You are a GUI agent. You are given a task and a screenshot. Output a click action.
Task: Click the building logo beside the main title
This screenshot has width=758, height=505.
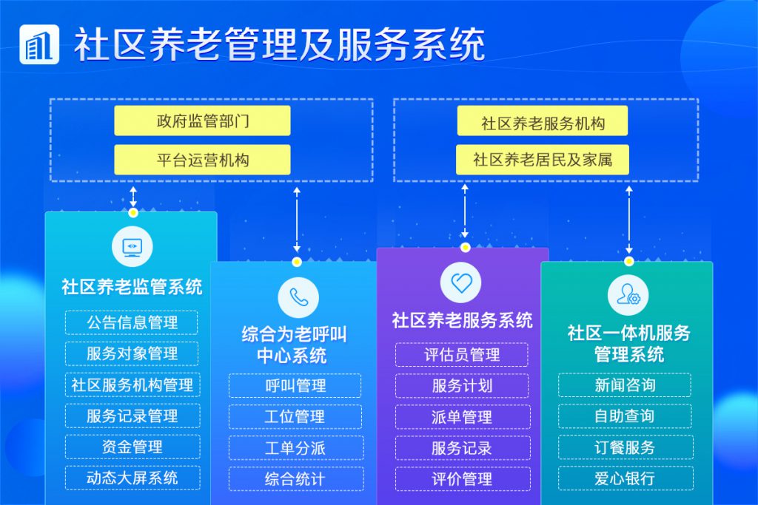click(x=39, y=44)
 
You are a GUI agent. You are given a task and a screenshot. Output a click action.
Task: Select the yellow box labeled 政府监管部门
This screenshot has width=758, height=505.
click(x=202, y=121)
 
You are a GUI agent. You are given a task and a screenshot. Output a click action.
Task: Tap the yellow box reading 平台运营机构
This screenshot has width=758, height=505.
click(x=202, y=160)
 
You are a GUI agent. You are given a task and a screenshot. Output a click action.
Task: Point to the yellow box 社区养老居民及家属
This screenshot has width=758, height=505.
click(x=543, y=160)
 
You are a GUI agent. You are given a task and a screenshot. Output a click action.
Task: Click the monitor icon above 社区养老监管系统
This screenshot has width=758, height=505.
click(x=132, y=246)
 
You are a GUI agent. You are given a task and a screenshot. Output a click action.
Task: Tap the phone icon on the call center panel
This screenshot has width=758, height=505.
click(x=298, y=298)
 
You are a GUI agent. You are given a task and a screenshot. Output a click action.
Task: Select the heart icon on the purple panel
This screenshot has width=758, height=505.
click(x=460, y=282)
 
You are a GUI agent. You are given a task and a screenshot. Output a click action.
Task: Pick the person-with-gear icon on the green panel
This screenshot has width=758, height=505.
click(x=628, y=294)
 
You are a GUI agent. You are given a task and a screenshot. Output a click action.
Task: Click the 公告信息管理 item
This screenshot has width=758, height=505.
click(x=132, y=322)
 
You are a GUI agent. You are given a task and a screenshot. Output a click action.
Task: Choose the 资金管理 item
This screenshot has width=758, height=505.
click(x=133, y=447)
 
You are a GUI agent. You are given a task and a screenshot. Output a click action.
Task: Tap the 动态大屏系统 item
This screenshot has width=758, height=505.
click(x=133, y=478)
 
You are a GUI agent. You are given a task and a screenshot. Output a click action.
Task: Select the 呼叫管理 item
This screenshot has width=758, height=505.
click(x=295, y=386)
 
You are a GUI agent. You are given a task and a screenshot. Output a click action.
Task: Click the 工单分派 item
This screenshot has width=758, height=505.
click(x=296, y=448)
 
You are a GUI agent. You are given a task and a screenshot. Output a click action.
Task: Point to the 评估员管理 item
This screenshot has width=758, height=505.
click(x=462, y=355)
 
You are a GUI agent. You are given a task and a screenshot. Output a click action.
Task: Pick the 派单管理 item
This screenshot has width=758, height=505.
click(x=463, y=417)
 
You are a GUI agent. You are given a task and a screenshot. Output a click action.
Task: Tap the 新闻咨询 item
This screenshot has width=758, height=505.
click(x=625, y=385)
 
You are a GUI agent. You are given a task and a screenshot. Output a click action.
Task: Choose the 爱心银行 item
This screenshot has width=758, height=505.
click(x=625, y=478)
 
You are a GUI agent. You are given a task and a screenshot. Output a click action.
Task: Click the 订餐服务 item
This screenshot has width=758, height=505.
click(x=625, y=447)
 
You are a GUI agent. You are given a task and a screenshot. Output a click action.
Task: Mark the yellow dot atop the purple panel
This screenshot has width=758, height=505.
click(x=465, y=248)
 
